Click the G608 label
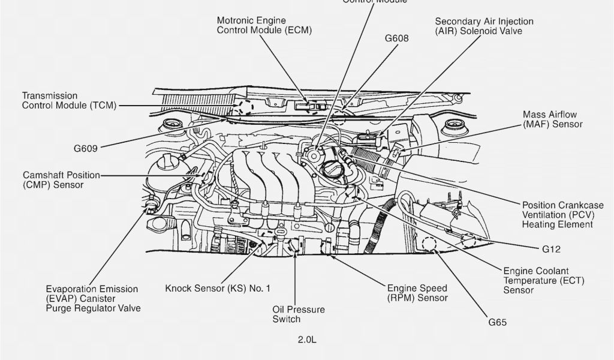click(x=396, y=39)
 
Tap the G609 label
click(x=86, y=148)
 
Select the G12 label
click(x=550, y=248)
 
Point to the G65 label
click(x=497, y=322)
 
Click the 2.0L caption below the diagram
click(x=307, y=340)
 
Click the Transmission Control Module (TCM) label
click(x=69, y=101)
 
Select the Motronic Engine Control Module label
click(x=264, y=25)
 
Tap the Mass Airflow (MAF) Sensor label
click(x=552, y=119)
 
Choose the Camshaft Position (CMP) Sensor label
click(x=61, y=180)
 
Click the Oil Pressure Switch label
click(x=299, y=314)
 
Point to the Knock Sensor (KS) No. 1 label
click(x=218, y=289)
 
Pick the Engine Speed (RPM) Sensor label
click(x=417, y=293)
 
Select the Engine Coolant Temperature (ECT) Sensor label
click(x=543, y=281)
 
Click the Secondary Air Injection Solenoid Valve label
click(x=484, y=26)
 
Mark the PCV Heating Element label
click(x=557, y=214)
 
